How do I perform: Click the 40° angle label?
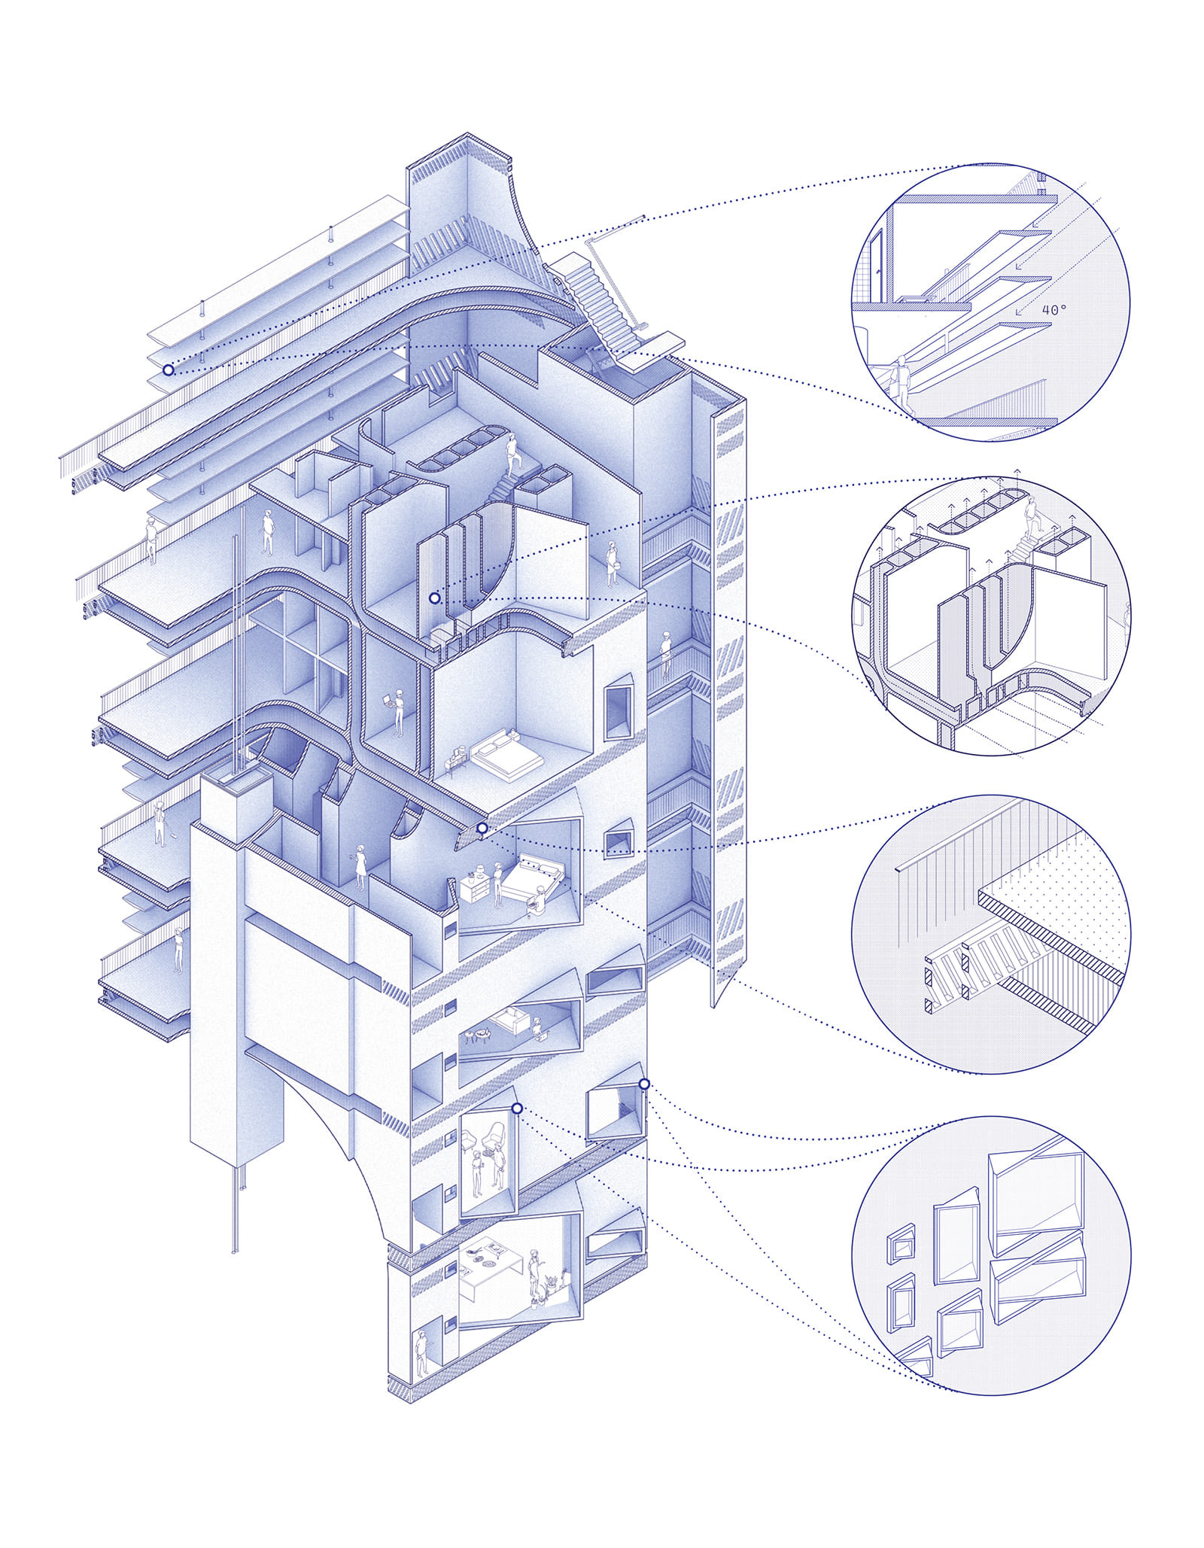(1053, 309)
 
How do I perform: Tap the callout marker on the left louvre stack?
(168, 370)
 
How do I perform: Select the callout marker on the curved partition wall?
(434, 598)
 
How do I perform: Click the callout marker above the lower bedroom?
(482, 828)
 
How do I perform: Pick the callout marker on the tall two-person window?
(517, 1109)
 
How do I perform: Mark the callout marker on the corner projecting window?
(644, 1084)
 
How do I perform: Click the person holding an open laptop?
(397, 710)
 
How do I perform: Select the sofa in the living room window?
(510, 1021)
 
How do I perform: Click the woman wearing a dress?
(360, 867)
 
